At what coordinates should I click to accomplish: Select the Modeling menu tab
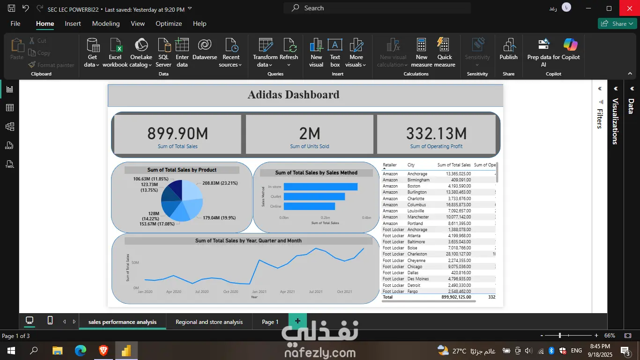click(x=106, y=23)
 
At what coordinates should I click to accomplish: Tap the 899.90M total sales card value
click(x=178, y=134)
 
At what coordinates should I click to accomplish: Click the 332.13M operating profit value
click(x=436, y=134)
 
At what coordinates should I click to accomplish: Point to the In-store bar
click(x=320, y=187)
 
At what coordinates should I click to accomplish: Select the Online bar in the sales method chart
click(x=309, y=206)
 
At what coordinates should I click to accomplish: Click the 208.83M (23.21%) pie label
click(x=220, y=183)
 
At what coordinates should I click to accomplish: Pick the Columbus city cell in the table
click(x=417, y=205)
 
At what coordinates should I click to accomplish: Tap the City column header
click(x=411, y=165)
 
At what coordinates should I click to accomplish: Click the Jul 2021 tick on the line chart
click(x=316, y=292)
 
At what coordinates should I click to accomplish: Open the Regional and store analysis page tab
click(x=209, y=322)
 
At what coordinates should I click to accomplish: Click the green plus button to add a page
click(x=298, y=322)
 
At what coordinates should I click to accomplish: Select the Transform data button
click(x=265, y=52)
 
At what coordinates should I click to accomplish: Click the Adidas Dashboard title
click(x=293, y=95)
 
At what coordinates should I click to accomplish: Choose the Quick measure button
click(x=444, y=52)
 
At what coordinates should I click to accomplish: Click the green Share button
click(x=617, y=23)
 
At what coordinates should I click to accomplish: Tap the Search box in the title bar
click(x=377, y=8)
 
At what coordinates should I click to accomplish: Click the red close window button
click(x=629, y=8)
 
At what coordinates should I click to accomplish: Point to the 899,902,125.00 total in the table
click(x=456, y=297)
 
